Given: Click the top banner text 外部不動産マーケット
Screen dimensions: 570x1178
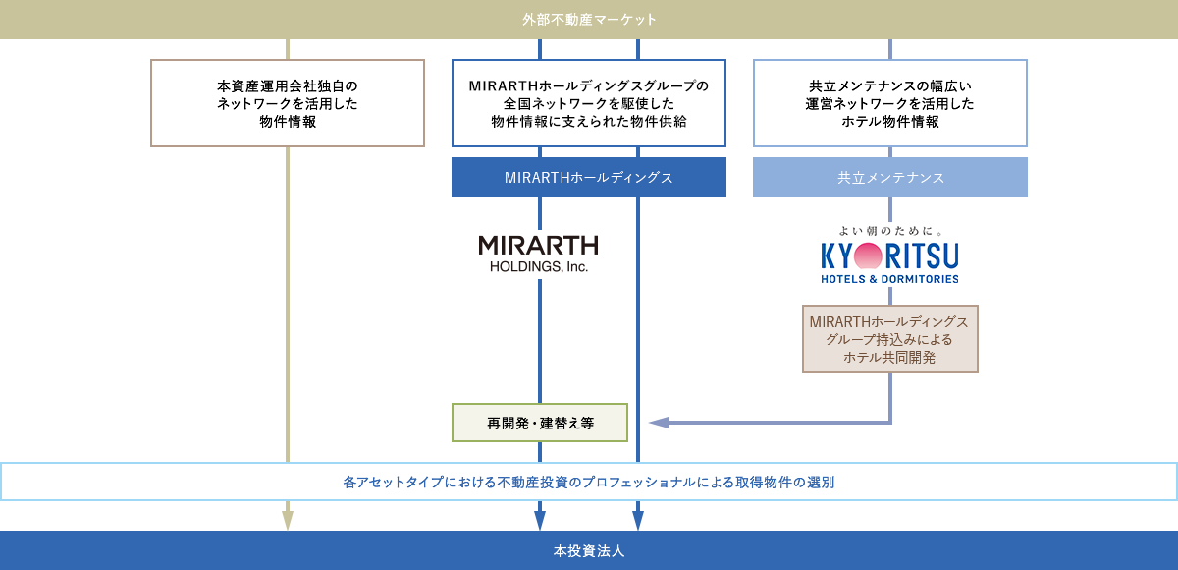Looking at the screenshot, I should (x=589, y=20).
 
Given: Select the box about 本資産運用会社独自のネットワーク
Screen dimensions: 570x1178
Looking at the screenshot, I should (x=287, y=103).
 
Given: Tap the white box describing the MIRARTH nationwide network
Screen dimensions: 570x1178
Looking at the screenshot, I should (x=589, y=103).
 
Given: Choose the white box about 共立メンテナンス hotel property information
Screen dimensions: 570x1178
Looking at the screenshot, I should (x=889, y=103).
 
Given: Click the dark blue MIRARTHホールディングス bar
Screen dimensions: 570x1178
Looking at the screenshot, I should (x=589, y=178).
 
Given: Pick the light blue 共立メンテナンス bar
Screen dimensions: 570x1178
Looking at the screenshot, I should (x=889, y=178).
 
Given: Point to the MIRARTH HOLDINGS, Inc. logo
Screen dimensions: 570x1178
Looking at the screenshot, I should (x=538, y=253).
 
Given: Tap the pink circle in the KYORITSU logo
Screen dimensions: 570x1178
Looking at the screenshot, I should (x=869, y=256).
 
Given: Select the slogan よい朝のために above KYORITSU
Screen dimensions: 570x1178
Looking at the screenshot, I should (x=889, y=231).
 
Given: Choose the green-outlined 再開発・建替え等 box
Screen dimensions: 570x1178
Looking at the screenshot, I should (x=540, y=423).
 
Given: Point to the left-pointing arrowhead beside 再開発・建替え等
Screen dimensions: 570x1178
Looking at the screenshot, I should (x=659, y=423).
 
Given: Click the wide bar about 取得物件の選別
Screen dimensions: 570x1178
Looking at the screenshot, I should (x=589, y=482).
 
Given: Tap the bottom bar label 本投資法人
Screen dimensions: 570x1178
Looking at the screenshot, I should (x=589, y=551).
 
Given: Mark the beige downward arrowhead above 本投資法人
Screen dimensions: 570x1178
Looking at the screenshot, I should (x=288, y=520).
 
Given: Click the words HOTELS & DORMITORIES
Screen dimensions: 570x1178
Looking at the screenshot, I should (x=889, y=279).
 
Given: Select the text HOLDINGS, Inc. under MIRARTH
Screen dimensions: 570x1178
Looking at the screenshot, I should (x=538, y=266).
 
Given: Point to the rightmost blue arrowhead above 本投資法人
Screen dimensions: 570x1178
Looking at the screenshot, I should (x=638, y=520).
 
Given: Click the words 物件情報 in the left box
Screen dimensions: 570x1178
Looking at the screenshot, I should (x=287, y=122).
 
